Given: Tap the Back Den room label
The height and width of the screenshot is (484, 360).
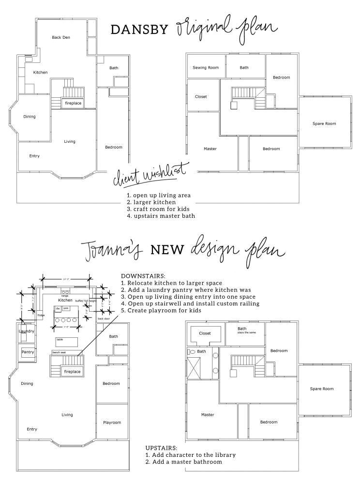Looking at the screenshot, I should click(61, 37).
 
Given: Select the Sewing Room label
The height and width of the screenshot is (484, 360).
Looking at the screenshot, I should click(206, 68).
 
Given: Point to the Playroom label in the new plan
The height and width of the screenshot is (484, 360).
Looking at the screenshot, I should click(112, 423).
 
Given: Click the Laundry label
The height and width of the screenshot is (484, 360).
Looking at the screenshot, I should click(27, 331).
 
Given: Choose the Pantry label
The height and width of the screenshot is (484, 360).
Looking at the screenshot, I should click(28, 352).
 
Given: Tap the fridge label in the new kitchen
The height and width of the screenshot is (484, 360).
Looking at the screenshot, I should click(40, 315).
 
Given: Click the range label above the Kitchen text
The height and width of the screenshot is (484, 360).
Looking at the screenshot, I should click(64, 296).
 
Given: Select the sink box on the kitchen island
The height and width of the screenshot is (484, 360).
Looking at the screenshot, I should click(66, 308).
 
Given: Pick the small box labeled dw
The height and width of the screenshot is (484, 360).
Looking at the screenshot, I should click(58, 308).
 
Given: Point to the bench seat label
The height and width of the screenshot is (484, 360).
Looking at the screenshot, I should click(60, 352).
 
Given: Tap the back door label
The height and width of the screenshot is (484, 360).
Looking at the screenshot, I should click(104, 319).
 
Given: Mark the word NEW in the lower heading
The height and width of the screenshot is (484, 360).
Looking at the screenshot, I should click(167, 249).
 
